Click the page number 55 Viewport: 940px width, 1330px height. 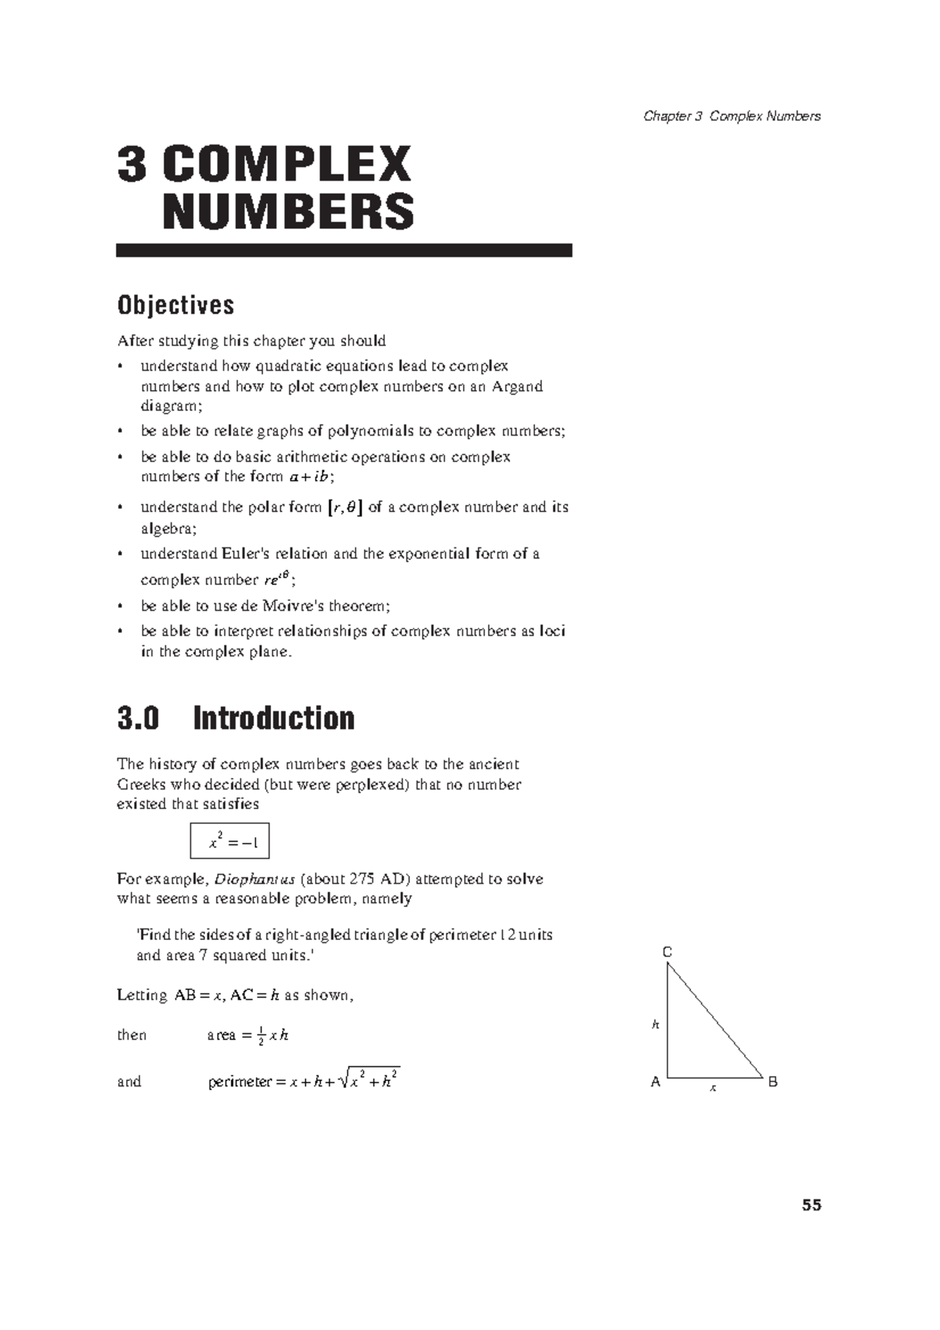(811, 1205)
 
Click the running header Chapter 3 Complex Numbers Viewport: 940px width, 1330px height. (732, 117)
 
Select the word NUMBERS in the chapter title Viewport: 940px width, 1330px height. (288, 211)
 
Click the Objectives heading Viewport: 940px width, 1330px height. (175, 305)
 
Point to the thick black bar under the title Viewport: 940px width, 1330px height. (344, 251)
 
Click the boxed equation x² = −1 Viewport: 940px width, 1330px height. (230, 841)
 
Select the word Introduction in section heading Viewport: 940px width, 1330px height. (273, 718)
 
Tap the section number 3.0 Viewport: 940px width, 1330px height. (138, 718)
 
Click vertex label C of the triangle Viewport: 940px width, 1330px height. (667, 952)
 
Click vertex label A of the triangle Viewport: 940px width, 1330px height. (656, 1082)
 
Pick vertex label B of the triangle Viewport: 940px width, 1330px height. (772, 1082)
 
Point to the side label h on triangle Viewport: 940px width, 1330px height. (656, 1024)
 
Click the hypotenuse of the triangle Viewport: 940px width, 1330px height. (715, 1021)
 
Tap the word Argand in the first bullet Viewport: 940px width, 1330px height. (517, 386)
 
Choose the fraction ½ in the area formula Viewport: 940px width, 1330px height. (261, 1035)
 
